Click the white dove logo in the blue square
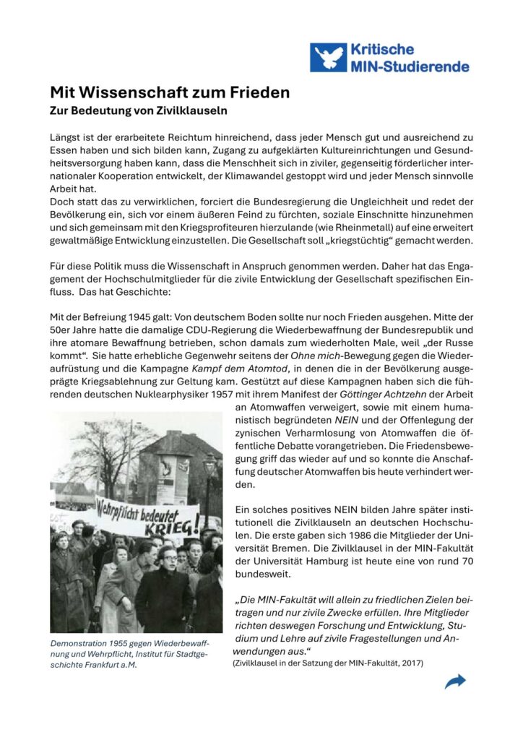(328, 57)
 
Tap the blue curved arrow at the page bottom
(455, 681)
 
